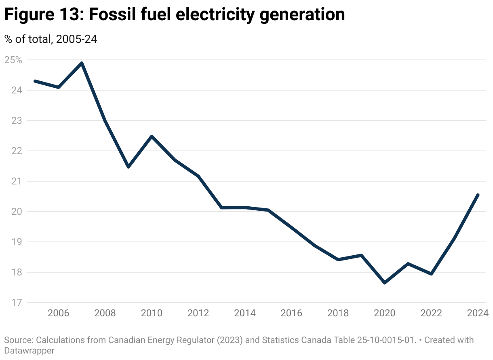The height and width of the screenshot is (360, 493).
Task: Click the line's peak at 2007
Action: pyautogui.click(x=82, y=63)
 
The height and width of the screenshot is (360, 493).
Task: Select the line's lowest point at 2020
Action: pyautogui.click(x=385, y=283)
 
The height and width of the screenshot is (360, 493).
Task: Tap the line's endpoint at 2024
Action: pyautogui.click(x=478, y=195)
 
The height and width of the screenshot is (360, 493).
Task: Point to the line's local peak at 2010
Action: pyautogui.click(x=152, y=136)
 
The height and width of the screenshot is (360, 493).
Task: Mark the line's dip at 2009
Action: pyautogui.click(x=128, y=167)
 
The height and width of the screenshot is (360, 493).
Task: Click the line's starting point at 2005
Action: pyautogui.click(x=35, y=81)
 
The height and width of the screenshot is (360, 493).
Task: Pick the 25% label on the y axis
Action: pyautogui.click(x=13, y=60)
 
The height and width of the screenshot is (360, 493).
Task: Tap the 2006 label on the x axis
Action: pyautogui.click(x=58, y=313)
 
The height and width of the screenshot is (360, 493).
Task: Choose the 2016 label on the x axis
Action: pyautogui.click(x=291, y=313)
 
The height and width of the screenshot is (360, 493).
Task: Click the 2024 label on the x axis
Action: pyautogui.click(x=478, y=313)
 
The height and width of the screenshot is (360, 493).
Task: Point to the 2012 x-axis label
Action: pyautogui.click(x=198, y=313)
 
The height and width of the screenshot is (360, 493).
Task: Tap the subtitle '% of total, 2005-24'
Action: pyautogui.click(x=51, y=39)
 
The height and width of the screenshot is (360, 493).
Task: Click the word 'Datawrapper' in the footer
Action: pyautogui.click(x=29, y=350)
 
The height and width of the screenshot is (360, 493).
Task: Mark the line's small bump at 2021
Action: pyautogui.click(x=408, y=264)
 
